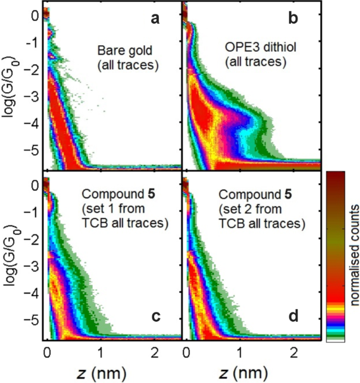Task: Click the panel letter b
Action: click(293, 18)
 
